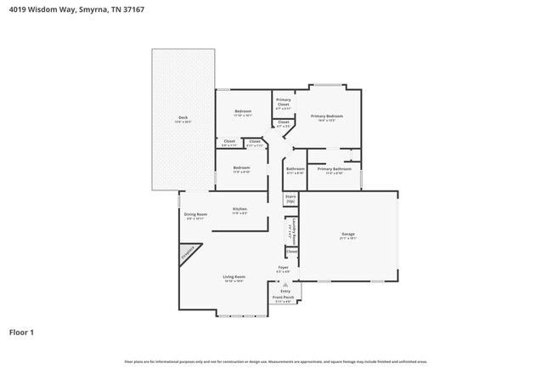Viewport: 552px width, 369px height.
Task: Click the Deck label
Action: [183, 118]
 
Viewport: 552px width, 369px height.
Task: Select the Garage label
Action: [347, 236]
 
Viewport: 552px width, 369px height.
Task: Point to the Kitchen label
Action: [240, 209]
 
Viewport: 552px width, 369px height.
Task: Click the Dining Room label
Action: [196, 215]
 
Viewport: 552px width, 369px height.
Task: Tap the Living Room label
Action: [234, 277]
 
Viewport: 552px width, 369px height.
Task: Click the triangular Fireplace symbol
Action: [187, 253]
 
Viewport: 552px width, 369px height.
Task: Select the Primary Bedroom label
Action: [326, 116]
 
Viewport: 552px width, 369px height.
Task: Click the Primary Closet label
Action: [283, 103]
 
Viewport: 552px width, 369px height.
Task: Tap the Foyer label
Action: [284, 269]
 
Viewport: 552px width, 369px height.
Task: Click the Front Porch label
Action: [282, 298]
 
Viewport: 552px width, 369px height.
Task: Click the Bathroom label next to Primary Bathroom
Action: [295, 169]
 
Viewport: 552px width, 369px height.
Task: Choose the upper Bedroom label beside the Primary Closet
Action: [243, 112]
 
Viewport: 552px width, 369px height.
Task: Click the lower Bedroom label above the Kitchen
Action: [242, 169]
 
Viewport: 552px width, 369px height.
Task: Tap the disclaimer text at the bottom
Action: [275, 361]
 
